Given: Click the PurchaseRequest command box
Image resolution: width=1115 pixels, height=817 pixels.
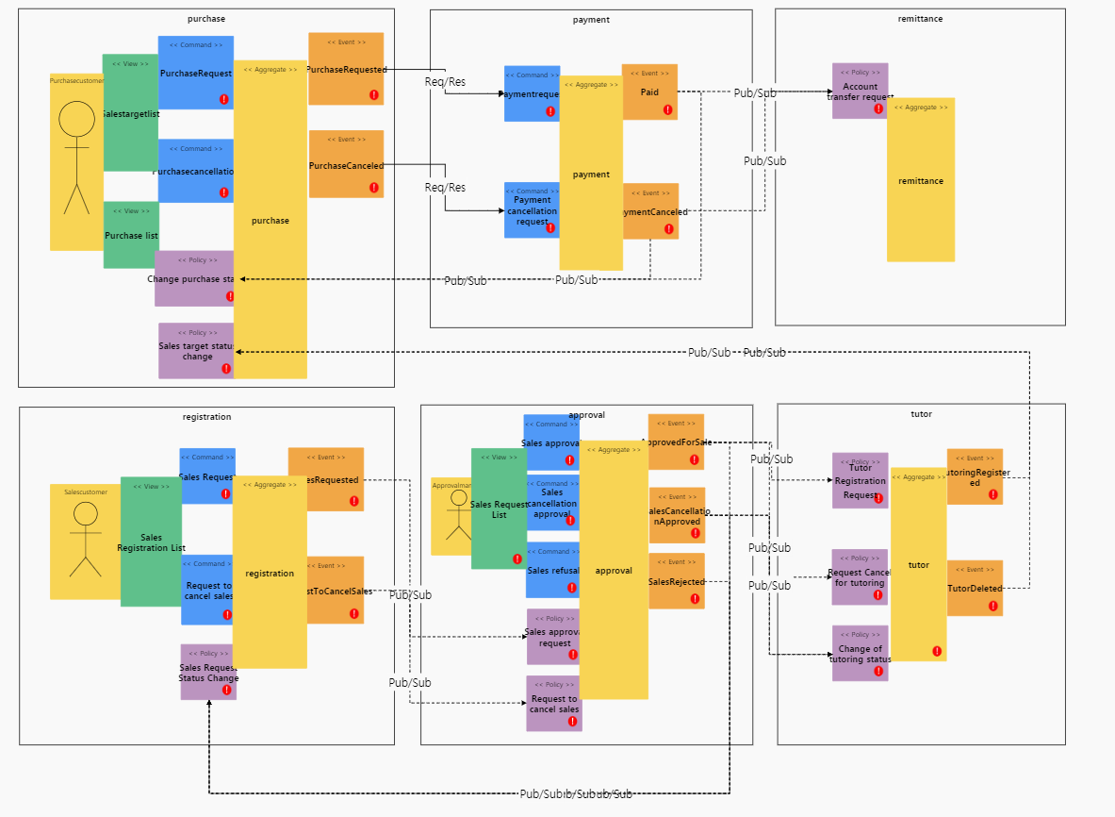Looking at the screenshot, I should tap(195, 73).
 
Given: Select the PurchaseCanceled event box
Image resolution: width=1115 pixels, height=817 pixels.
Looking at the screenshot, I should tap(346, 164).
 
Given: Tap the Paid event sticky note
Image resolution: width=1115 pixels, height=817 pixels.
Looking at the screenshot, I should tap(649, 92).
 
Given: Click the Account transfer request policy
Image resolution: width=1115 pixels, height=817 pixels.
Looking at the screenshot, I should tap(860, 91).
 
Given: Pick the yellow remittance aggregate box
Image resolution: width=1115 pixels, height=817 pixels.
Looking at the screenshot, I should tap(921, 180).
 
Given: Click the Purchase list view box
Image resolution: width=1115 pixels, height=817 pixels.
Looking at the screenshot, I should tap(131, 235).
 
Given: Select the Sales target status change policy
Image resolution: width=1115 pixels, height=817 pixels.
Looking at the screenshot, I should tap(196, 351).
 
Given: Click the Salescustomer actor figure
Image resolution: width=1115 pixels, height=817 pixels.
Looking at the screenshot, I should tap(85, 541).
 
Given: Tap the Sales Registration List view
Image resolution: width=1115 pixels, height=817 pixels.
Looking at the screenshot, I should tap(151, 542).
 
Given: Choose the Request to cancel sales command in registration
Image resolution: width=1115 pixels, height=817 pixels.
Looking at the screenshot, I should tap(207, 591).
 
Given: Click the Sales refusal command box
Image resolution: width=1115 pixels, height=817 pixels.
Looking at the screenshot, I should tap(552, 570).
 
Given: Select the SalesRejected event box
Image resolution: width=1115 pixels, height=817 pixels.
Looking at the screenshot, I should tap(676, 581).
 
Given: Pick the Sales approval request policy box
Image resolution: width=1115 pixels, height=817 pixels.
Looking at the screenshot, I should tap(554, 637).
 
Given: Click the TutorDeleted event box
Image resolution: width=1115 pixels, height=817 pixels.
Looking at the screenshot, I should tap(975, 588).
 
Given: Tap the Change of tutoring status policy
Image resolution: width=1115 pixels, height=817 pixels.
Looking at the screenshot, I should tap(860, 653).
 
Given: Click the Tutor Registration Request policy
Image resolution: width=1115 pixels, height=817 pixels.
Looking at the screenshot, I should tap(860, 480).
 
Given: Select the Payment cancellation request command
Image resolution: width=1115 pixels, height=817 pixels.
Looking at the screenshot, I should tap(532, 209).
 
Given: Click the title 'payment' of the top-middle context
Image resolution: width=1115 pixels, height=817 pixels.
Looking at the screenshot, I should tap(591, 20).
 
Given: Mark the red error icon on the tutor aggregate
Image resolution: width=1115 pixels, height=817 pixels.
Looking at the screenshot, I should tap(937, 651).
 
